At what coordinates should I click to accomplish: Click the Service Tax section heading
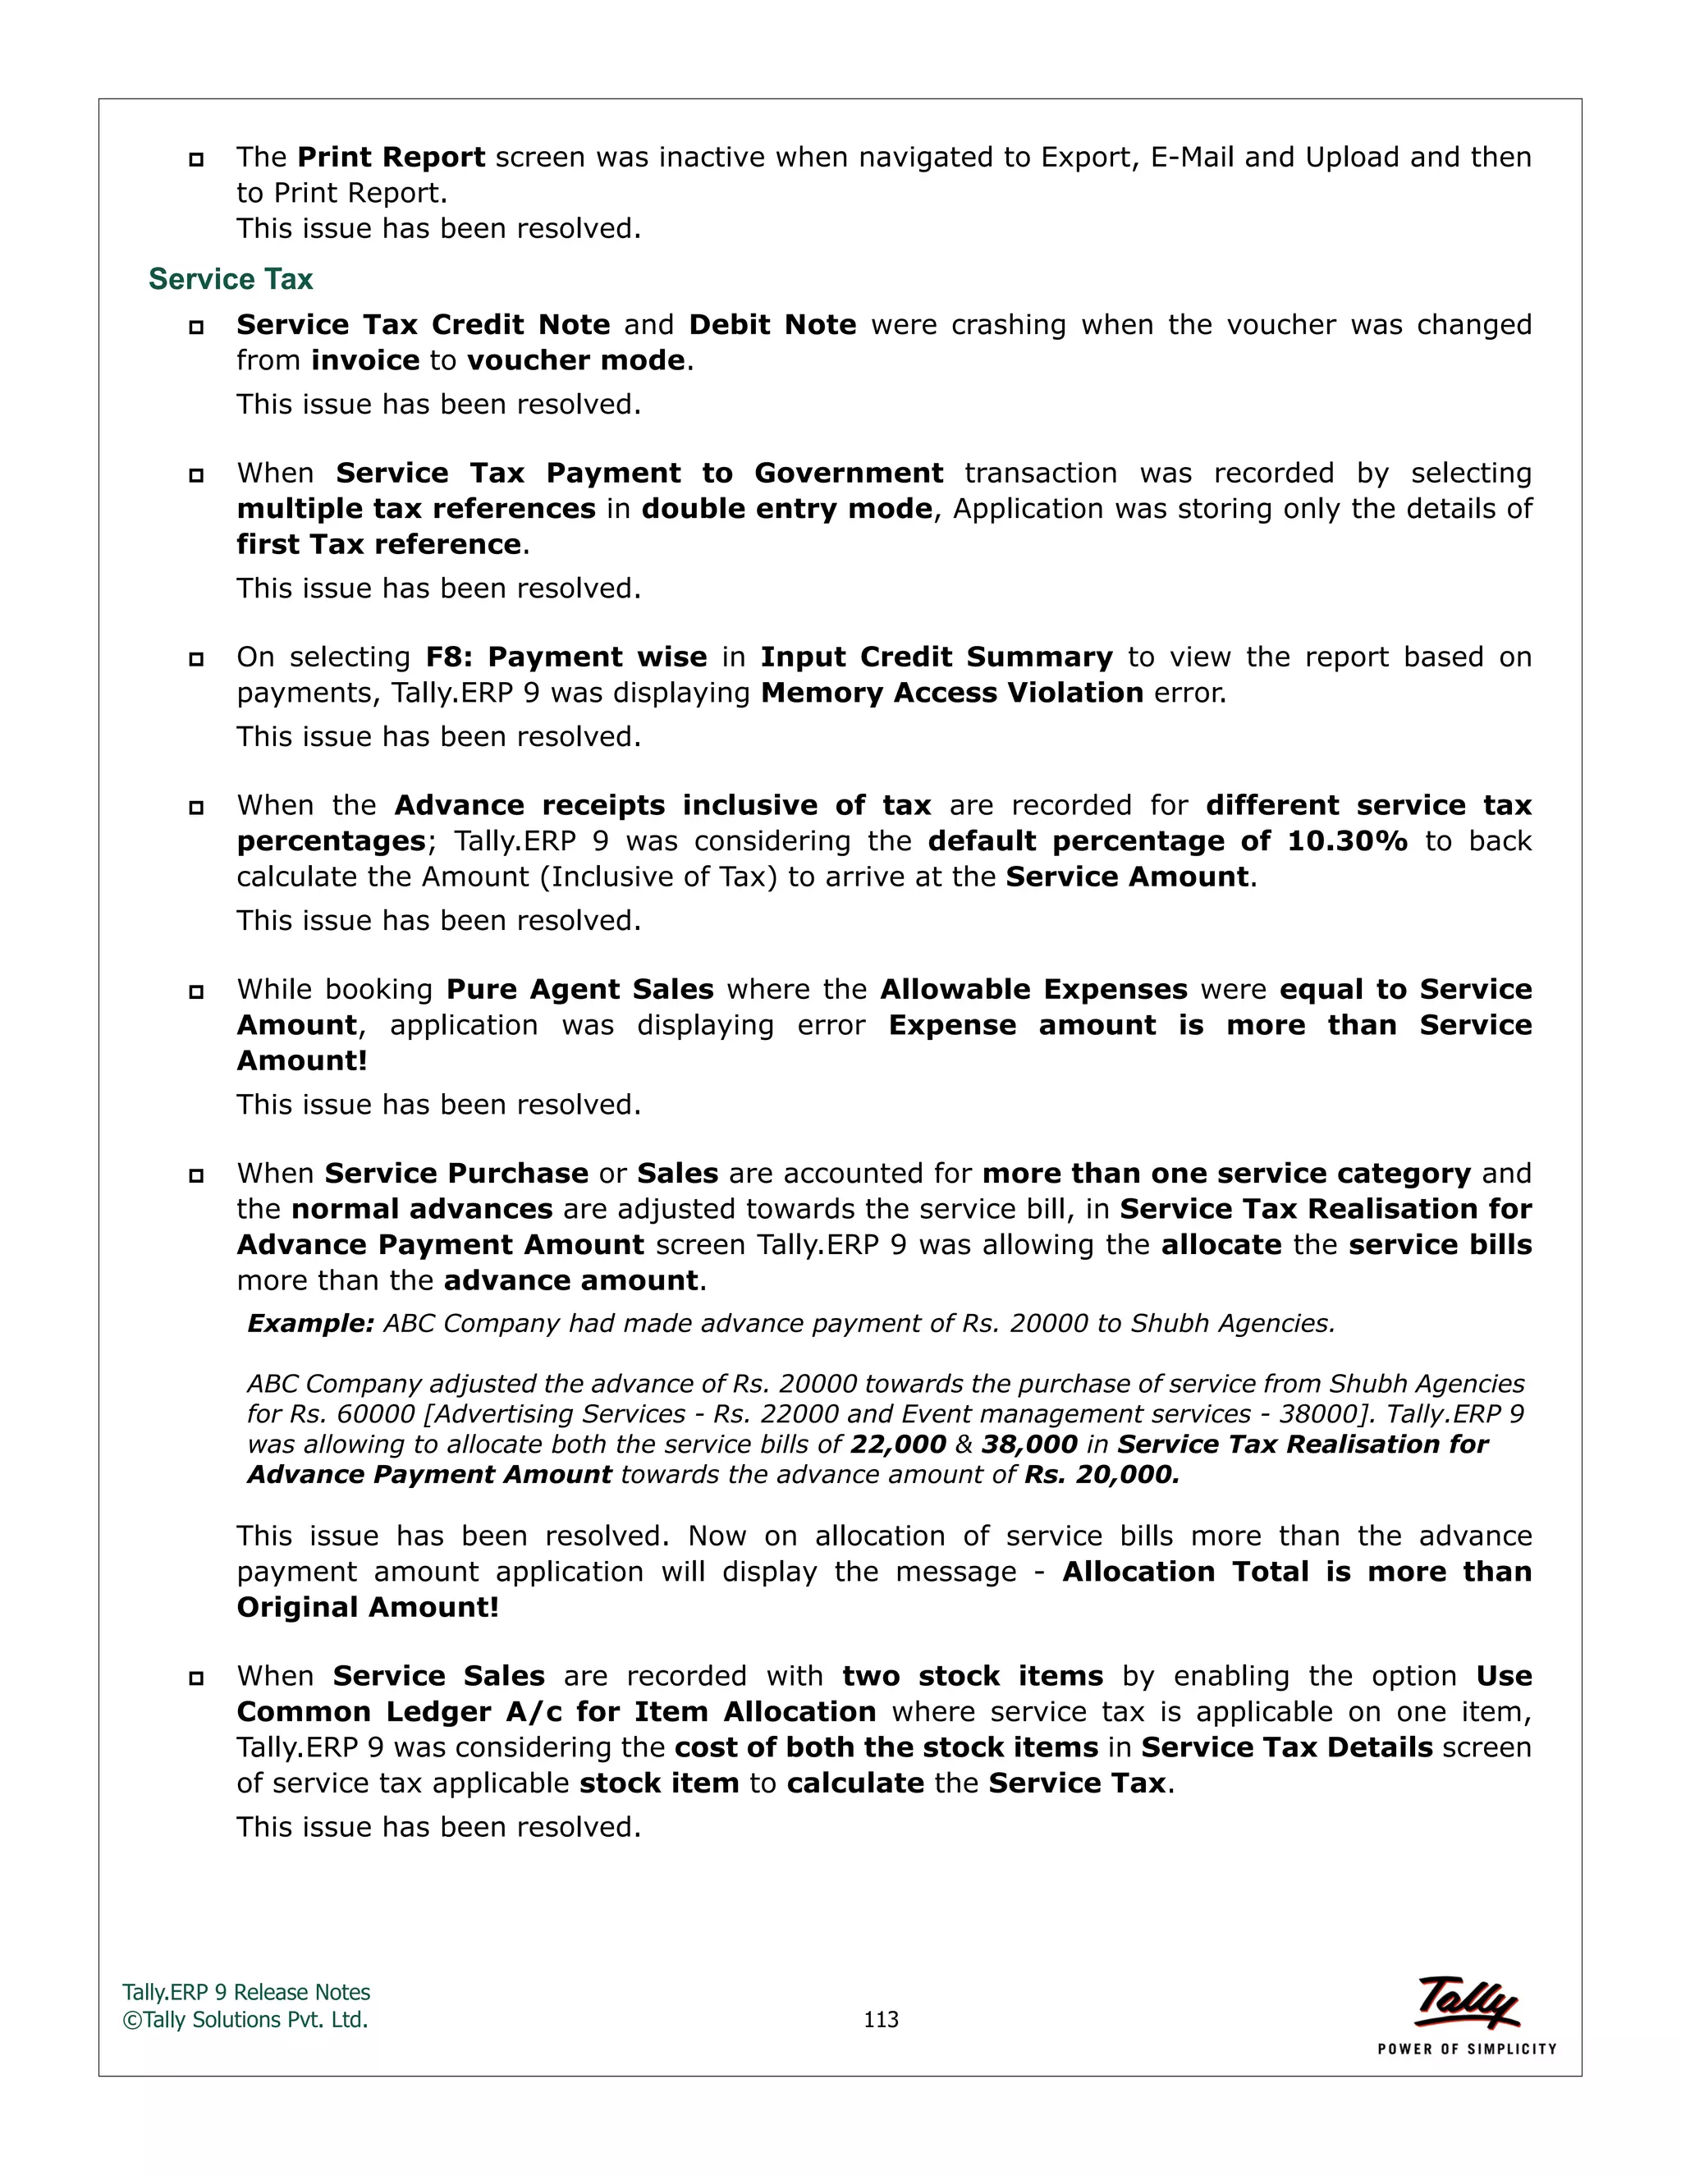pos(230,280)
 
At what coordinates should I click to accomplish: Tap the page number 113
pos(881,2019)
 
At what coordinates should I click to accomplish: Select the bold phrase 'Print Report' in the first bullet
pos(392,158)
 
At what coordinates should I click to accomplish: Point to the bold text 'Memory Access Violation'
pos(951,692)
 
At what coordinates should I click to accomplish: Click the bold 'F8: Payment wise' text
pos(566,657)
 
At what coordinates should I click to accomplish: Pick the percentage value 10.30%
pos(1348,840)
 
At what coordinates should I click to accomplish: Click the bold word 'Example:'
pos(309,1324)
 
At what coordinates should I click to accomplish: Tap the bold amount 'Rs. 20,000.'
pos(1102,1475)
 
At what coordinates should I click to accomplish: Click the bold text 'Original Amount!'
pos(368,1607)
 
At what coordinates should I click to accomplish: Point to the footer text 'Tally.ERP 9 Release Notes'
pos(246,1992)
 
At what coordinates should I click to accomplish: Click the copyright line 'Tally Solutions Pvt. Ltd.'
pos(246,2020)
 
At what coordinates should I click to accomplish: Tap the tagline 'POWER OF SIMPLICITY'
pos(1466,2049)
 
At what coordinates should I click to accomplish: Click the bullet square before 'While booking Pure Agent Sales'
pos(196,992)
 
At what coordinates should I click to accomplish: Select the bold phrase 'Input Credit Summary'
pos(936,657)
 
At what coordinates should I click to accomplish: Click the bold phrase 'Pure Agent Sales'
pos(579,989)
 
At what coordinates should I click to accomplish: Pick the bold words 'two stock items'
pos(972,1676)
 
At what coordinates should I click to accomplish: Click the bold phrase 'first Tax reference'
pos(378,543)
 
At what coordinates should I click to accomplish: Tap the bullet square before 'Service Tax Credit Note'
pos(196,327)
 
